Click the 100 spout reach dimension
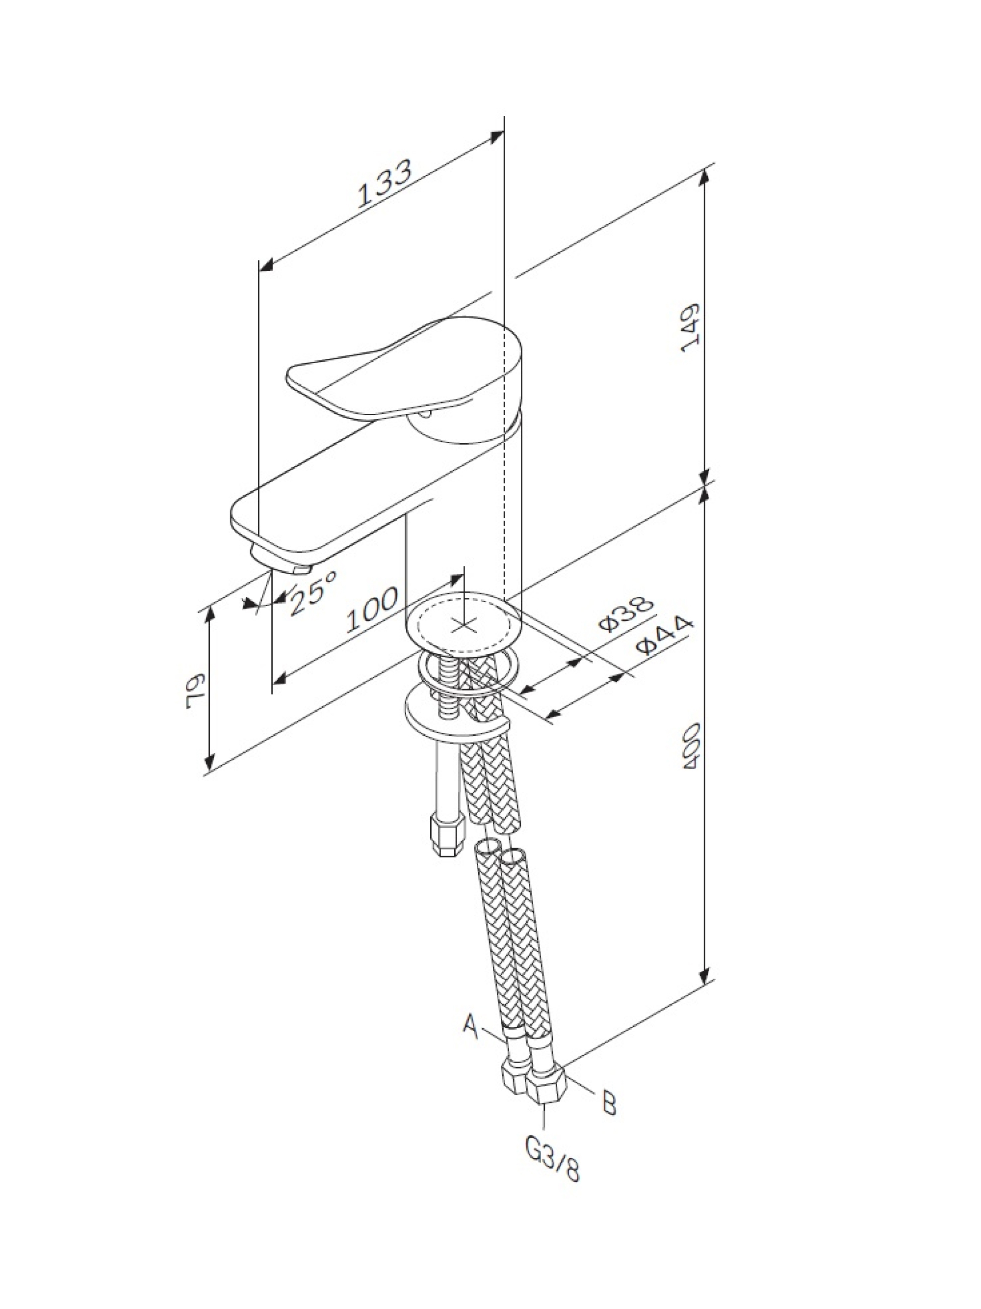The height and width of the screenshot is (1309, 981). [372, 608]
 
